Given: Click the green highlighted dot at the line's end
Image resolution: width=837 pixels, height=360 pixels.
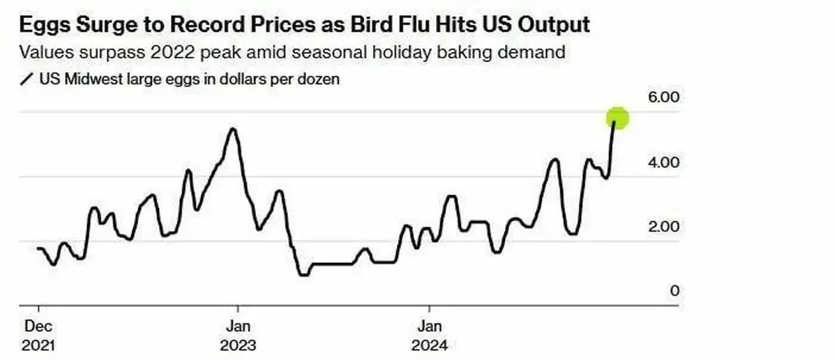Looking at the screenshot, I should pos(618,119).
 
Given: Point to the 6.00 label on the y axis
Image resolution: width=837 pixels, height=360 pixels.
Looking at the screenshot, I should pos(663,98).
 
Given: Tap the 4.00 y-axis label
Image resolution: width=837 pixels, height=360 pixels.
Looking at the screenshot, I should pos(663,163).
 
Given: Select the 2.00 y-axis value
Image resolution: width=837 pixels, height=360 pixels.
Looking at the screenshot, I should pos(663,227).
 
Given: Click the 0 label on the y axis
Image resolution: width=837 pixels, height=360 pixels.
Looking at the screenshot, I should pos(674,291).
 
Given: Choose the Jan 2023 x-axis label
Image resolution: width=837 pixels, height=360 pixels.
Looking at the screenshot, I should pos(238,336).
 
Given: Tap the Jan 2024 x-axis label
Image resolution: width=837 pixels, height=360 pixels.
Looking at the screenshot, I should pos(430,336).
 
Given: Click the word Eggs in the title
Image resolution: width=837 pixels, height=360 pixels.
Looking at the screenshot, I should pos(45,25).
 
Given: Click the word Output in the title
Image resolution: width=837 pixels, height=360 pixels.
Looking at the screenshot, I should pos(556,25).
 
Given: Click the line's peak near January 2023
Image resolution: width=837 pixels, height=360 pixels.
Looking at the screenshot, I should pos(233,129).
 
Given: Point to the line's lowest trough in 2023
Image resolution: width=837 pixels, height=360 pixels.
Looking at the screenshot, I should pos(303,275).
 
